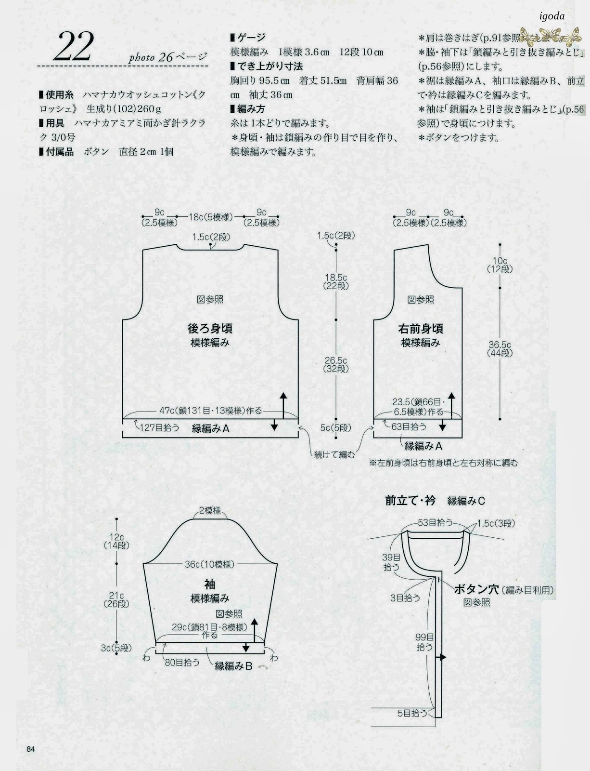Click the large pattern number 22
[x=74, y=47]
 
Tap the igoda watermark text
[x=549, y=16]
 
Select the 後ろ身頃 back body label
[x=210, y=329]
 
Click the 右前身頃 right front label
[x=421, y=329]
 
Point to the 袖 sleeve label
[x=210, y=585]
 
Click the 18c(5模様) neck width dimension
[x=210, y=217]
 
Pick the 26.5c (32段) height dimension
[x=336, y=365]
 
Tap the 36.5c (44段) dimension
[x=500, y=349]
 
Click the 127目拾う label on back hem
[x=159, y=427]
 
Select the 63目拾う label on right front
[x=409, y=426]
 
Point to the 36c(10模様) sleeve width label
[x=209, y=564]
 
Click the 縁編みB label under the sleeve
[x=233, y=666]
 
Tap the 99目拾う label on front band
[x=424, y=642]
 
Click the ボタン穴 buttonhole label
[x=476, y=589]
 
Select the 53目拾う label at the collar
[x=435, y=522]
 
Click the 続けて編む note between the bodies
[x=334, y=454]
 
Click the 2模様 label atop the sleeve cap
[x=210, y=511]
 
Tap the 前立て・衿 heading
[x=410, y=501]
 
